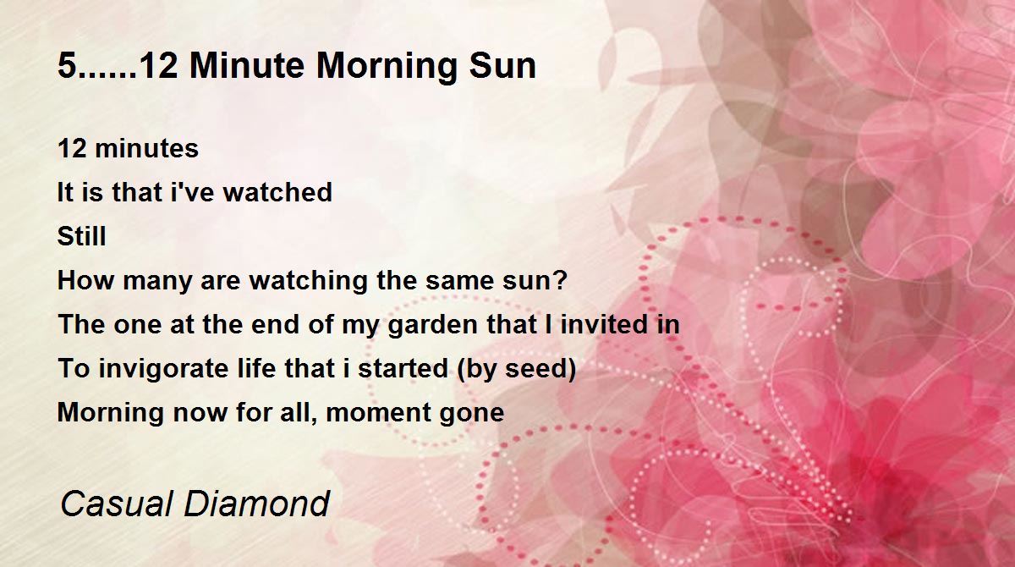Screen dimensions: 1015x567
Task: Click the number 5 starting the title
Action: (67, 66)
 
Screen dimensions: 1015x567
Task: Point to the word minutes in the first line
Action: (147, 149)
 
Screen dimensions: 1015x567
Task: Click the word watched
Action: (277, 192)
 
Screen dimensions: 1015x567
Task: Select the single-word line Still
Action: (81, 235)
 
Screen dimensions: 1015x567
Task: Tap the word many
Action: (157, 282)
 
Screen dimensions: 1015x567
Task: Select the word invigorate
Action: (164, 369)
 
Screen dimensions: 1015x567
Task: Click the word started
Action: (403, 368)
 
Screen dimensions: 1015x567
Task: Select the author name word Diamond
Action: (257, 504)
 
